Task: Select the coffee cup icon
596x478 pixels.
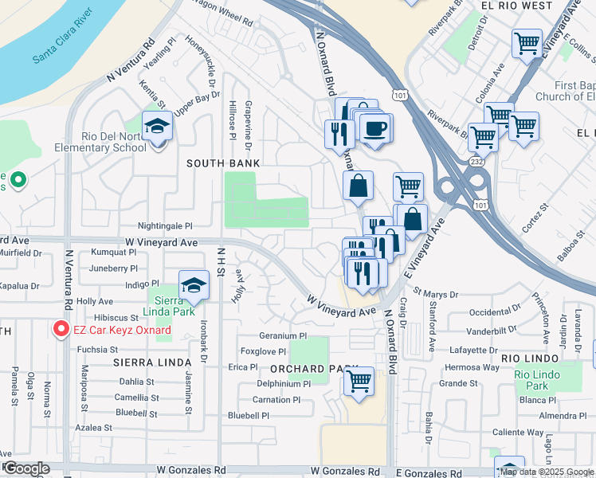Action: click(375, 127)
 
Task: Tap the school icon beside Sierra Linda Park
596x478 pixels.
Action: click(193, 286)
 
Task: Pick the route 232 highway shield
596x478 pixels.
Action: click(476, 161)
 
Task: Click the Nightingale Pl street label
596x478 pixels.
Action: click(165, 226)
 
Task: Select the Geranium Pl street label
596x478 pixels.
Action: click(283, 336)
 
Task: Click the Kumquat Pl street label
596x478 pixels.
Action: click(114, 252)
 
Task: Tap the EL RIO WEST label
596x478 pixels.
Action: click(516, 6)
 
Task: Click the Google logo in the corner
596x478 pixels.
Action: click(26, 468)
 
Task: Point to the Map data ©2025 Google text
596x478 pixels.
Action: click(546, 472)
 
